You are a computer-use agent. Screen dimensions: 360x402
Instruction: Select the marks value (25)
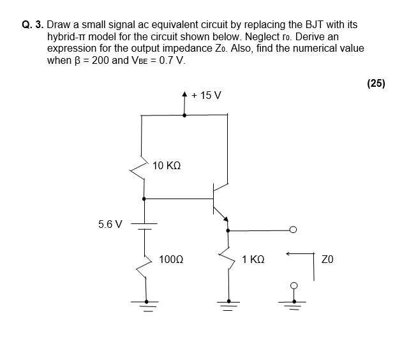pyautogui.click(x=376, y=83)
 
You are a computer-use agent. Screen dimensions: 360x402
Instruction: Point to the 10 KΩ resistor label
pyautogui.click(x=167, y=165)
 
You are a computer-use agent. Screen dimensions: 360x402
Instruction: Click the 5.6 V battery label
pyautogui.click(x=110, y=224)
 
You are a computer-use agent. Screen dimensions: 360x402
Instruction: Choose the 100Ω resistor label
pyautogui.click(x=171, y=260)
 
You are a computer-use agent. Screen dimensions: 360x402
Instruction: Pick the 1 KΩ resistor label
pyautogui.click(x=253, y=260)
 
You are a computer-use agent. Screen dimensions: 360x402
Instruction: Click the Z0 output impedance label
pyautogui.click(x=328, y=260)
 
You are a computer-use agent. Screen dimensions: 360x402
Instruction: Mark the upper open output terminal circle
pyautogui.click(x=293, y=230)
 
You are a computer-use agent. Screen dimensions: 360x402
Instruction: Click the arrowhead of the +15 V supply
pyautogui.click(x=185, y=96)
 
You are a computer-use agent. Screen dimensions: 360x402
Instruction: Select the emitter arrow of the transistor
pyautogui.click(x=225, y=219)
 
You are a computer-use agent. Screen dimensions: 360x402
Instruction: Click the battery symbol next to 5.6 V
pyautogui.click(x=145, y=225)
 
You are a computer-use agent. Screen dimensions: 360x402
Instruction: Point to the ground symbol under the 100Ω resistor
pyautogui.click(x=147, y=304)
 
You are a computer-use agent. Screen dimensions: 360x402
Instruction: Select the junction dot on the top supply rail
pyautogui.click(x=185, y=116)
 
